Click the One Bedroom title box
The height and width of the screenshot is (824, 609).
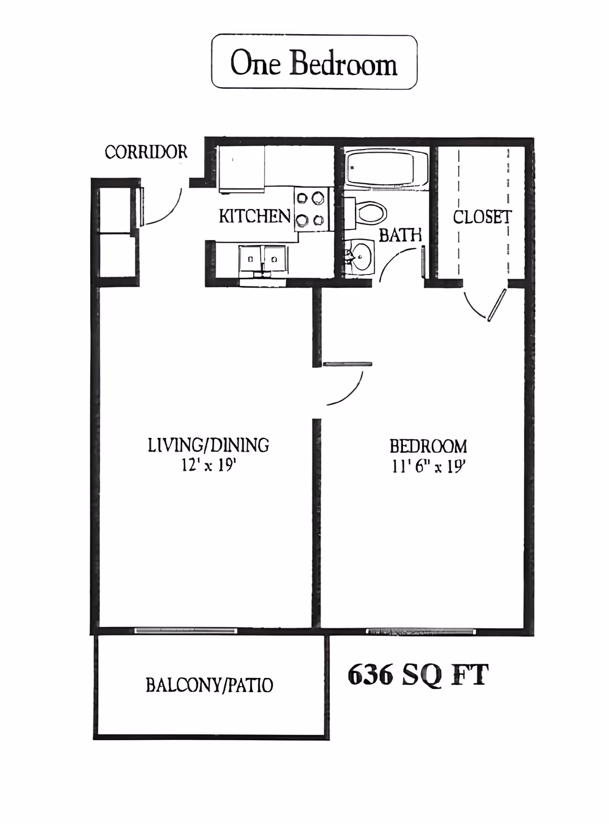(x=314, y=62)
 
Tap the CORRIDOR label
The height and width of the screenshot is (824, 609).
(x=146, y=152)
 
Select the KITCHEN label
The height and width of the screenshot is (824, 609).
(x=254, y=216)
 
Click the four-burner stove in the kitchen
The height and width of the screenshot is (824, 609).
(x=311, y=209)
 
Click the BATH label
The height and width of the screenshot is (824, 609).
(x=400, y=235)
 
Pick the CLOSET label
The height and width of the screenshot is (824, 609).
(x=482, y=217)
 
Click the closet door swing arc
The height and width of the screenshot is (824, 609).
(x=474, y=307)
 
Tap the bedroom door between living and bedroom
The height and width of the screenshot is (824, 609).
(x=347, y=364)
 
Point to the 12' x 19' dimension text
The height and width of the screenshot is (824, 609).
(x=209, y=465)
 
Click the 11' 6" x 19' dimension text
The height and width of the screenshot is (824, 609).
(x=428, y=466)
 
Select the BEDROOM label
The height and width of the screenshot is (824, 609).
(x=428, y=447)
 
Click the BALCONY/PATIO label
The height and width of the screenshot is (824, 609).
(x=209, y=685)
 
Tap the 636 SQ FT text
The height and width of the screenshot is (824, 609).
(x=418, y=675)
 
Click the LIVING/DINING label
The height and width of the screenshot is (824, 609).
(x=208, y=445)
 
